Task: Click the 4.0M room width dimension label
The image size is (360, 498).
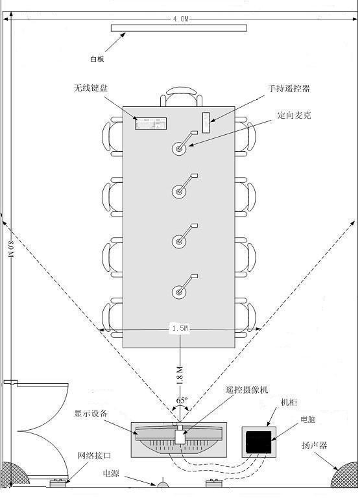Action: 180,19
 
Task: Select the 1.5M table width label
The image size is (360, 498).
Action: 180,328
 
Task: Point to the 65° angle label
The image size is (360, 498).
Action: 182,400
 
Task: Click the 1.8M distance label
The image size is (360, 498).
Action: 179,375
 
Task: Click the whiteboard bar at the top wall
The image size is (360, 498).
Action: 179,28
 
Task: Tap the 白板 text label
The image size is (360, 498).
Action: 97,59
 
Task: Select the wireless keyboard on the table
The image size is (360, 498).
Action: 150,123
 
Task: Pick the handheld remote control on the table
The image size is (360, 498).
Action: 206,123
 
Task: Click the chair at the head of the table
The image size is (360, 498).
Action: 181,96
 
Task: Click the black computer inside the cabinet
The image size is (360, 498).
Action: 259,442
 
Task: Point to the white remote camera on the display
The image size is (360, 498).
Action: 180,435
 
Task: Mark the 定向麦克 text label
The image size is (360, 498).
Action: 294,115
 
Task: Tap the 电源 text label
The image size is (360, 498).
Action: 111,473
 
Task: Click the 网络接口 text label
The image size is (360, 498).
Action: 94,455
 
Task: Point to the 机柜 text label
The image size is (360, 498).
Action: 289,403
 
